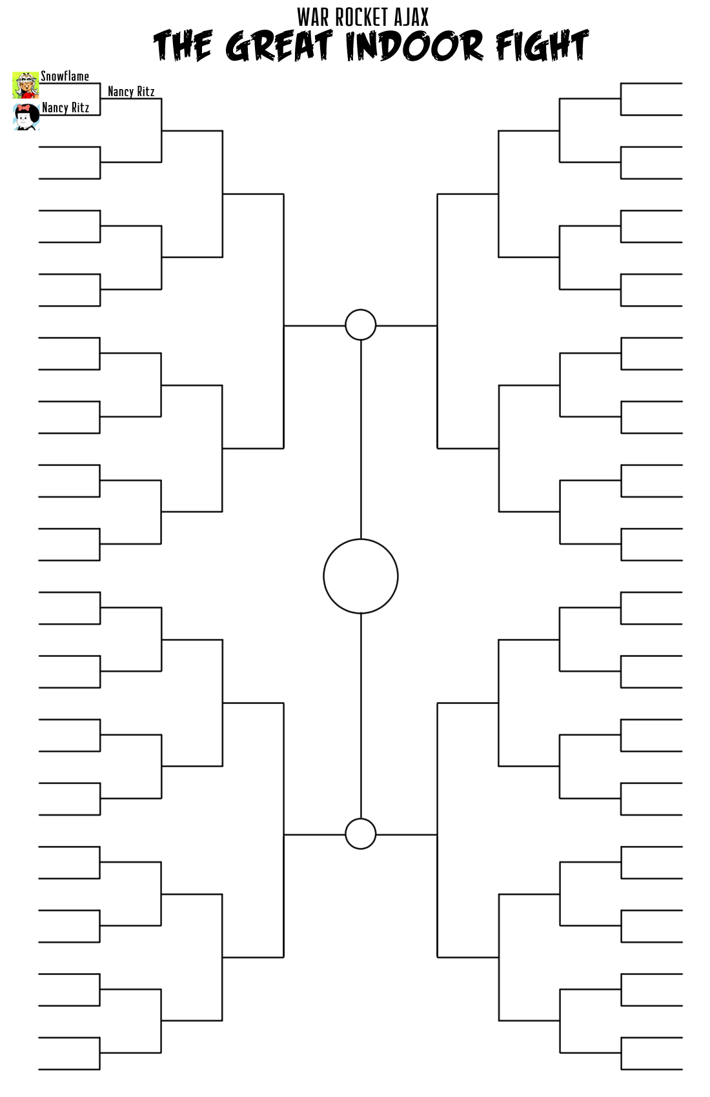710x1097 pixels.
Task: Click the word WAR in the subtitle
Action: click(x=314, y=17)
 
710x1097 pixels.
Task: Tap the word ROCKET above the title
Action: click(x=362, y=17)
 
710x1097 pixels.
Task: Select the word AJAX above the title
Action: click(x=411, y=17)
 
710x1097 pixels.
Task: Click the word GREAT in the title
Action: click(x=279, y=46)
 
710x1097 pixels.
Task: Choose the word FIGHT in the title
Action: click(x=542, y=46)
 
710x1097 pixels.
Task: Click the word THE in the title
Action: click(x=183, y=46)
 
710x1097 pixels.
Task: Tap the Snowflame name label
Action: click(x=65, y=76)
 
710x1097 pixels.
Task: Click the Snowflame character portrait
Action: click(x=25, y=85)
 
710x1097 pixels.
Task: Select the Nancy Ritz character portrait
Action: click(x=26, y=117)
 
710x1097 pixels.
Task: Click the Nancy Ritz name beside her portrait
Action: click(x=65, y=108)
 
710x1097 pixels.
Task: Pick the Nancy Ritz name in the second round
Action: click(x=131, y=92)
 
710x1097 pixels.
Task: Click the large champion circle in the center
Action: click(x=360, y=576)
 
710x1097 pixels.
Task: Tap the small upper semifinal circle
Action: click(x=360, y=325)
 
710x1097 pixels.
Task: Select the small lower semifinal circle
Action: click(x=360, y=834)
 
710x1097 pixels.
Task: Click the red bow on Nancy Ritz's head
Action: click(x=26, y=108)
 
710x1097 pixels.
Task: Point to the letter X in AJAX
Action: click(x=423, y=17)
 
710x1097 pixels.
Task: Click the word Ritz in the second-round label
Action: click(x=145, y=92)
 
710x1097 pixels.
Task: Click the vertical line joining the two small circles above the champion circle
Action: click(x=360, y=439)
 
